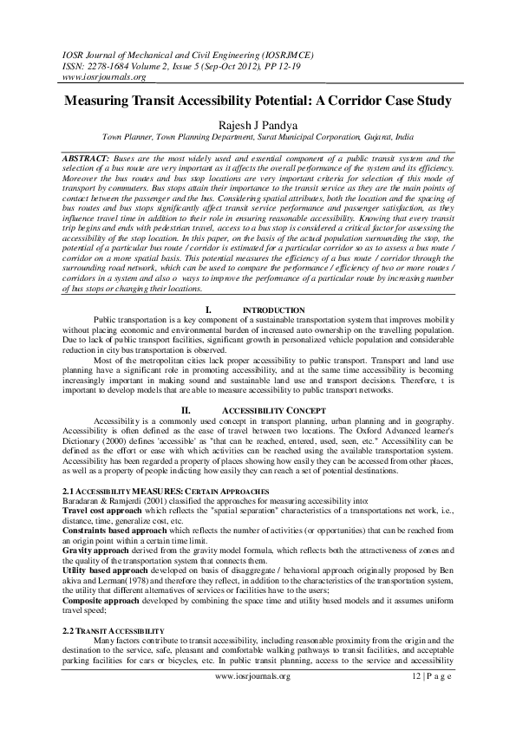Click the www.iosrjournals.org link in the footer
(258, 713)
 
